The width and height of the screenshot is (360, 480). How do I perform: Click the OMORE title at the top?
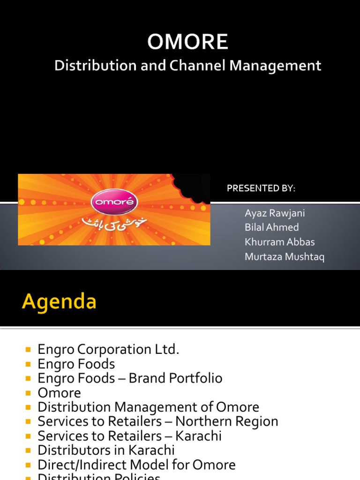pyautogui.click(x=187, y=42)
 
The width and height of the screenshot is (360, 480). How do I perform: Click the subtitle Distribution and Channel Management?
pyautogui.click(x=187, y=66)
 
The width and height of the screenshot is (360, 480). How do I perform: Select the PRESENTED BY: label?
pyautogui.click(x=261, y=188)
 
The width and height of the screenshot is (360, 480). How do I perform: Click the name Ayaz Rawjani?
pyautogui.click(x=275, y=213)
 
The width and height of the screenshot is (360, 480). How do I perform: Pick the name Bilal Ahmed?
pyautogui.click(x=271, y=228)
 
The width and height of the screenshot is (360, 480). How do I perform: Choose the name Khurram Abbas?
pyautogui.click(x=279, y=242)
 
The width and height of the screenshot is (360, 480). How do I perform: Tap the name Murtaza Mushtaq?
pyautogui.click(x=285, y=257)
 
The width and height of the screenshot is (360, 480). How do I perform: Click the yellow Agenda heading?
pyautogui.click(x=59, y=302)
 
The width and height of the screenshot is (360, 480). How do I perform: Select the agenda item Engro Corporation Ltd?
pyautogui.click(x=108, y=350)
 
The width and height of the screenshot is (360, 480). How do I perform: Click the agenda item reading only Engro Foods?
pyautogui.click(x=76, y=364)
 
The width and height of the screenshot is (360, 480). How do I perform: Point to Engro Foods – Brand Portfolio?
pyautogui.click(x=130, y=378)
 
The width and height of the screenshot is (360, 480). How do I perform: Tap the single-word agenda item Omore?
pyautogui.click(x=59, y=393)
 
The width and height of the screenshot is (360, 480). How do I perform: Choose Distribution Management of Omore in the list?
pyautogui.click(x=148, y=407)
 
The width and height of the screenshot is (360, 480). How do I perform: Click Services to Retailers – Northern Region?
pyautogui.click(x=158, y=421)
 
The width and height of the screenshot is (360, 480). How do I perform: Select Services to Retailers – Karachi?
pyautogui.click(x=129, y=436)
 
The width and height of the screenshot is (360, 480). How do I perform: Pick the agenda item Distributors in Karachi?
pyautogui.click(x=106, y=450)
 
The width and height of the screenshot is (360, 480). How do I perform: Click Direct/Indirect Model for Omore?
pyautogui.click(x=136, y=465)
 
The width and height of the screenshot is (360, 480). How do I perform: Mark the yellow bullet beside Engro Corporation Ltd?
pyautogui.click(x=29, y=350)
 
